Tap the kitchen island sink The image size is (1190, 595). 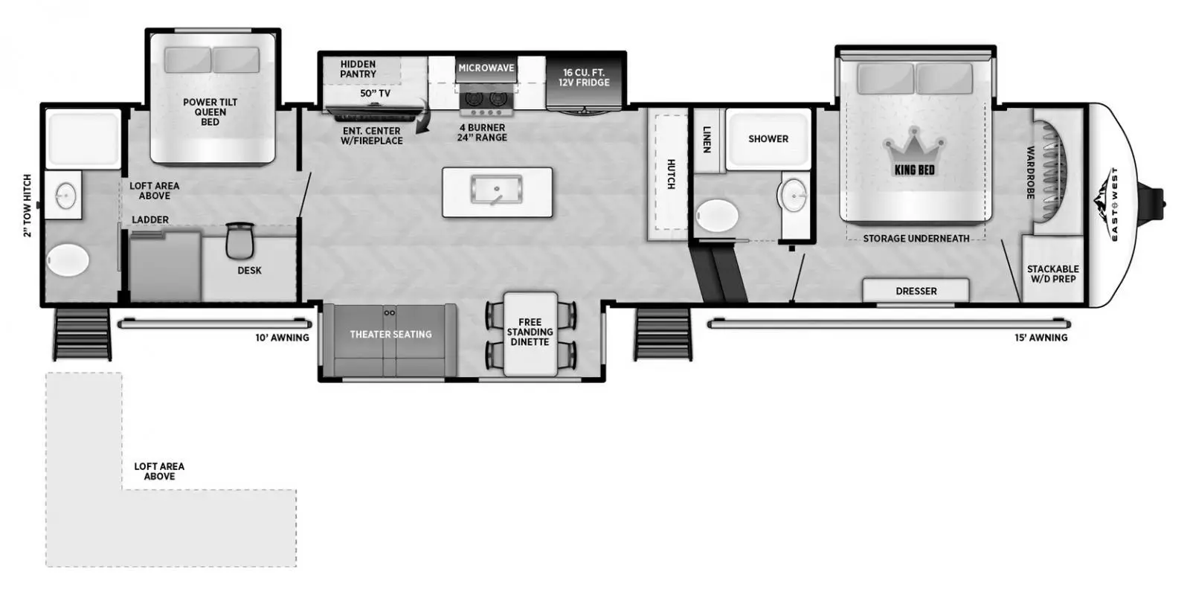(x=496, y=190)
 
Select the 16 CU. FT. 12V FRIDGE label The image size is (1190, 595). (x=584, y=77)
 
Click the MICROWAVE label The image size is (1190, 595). (x=486, y=68)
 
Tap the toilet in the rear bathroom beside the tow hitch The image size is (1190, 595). (x=68, y=261)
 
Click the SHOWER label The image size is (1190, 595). (x=768, y=138)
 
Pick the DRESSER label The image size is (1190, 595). (x=916, y=291)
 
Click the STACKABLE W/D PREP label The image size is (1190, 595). (x=1052, y=274)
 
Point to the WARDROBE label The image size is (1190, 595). (x=1030, y=172)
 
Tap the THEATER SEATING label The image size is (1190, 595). (x=390, y=334)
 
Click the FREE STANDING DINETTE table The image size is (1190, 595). (x=530, y=332)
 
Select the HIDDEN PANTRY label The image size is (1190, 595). (x=358, y=69)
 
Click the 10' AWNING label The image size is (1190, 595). (x=282, y=338)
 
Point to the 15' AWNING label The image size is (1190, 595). (x=1041, y=338)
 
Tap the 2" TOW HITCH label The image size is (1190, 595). (x=28, y=205)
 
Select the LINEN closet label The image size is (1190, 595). (x=707, y=139)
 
